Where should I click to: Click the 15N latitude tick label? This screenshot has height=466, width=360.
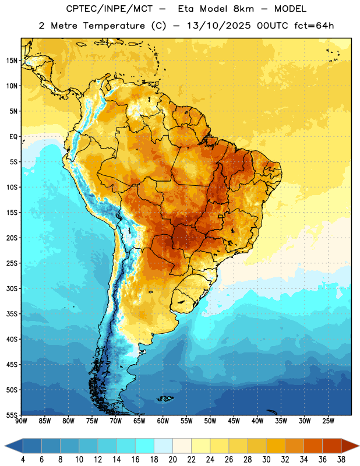click(12, 61)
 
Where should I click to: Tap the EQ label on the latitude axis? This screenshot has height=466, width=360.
click(13, 137)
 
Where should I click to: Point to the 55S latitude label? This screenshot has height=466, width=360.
click(12, 415)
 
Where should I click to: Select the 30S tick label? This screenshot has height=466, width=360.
click(12, 288)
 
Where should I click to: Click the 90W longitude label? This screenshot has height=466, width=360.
click(21, 421)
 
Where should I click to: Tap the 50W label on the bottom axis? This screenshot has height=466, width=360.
click(210, 421)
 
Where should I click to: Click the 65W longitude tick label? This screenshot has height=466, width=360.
click(139, 421)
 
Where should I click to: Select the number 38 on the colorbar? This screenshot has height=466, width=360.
click(341, 460)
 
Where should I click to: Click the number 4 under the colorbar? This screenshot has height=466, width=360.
click(23, 460)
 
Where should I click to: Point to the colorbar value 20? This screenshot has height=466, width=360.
click(172, 460)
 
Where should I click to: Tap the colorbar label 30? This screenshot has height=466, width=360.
click(266, 460)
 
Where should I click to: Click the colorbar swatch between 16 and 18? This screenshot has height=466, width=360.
click(145, 446)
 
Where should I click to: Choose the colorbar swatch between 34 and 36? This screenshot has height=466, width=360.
click(313, 446)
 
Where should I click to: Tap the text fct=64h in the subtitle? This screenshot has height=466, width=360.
click(314, 26)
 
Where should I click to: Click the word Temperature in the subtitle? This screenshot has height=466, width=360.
click(114, 26)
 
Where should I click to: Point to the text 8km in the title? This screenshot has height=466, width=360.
click(243, 9)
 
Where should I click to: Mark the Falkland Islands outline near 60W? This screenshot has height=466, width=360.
click(165, 398)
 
